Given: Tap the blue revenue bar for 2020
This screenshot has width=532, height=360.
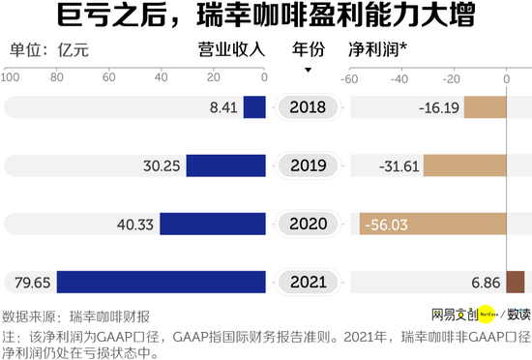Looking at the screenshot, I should click(x=213, y=225).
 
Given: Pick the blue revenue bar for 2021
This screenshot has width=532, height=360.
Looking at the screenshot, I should click(x=162, y=283).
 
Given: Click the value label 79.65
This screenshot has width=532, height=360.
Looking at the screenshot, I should click(x=32, y=283).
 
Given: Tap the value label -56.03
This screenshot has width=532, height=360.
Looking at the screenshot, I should click(x=386, y=225).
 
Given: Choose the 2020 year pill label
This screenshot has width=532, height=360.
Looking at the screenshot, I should click(x=308, y=225).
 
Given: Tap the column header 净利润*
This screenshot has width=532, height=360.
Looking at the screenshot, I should click(x=376, y=49).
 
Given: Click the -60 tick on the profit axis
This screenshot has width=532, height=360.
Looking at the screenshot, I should click(x=350, y=78).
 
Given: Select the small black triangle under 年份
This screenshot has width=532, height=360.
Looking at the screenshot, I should click(x=308, y=70).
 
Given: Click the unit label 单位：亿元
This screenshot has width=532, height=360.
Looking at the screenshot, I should click(x=48, y=50).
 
